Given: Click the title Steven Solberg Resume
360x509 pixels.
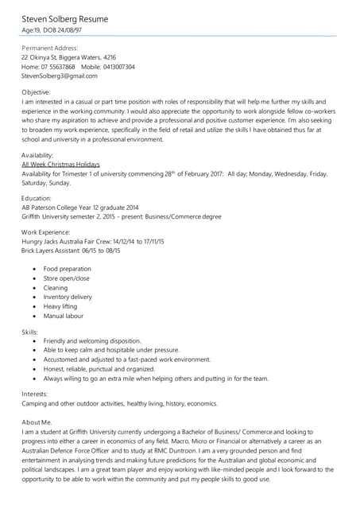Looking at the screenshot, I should coord(65,17).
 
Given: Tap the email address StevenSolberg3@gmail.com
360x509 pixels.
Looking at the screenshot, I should coord(59,76).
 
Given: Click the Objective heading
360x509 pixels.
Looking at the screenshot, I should coord(37,92).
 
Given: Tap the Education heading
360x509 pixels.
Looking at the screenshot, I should coord(37,198).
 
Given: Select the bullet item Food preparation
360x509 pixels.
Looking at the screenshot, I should coord(68,269).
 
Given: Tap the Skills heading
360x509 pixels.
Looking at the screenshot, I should coord(30,332).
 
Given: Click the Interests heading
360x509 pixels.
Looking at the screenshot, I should coord(35,394).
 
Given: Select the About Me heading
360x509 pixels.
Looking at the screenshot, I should coord(37,422).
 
